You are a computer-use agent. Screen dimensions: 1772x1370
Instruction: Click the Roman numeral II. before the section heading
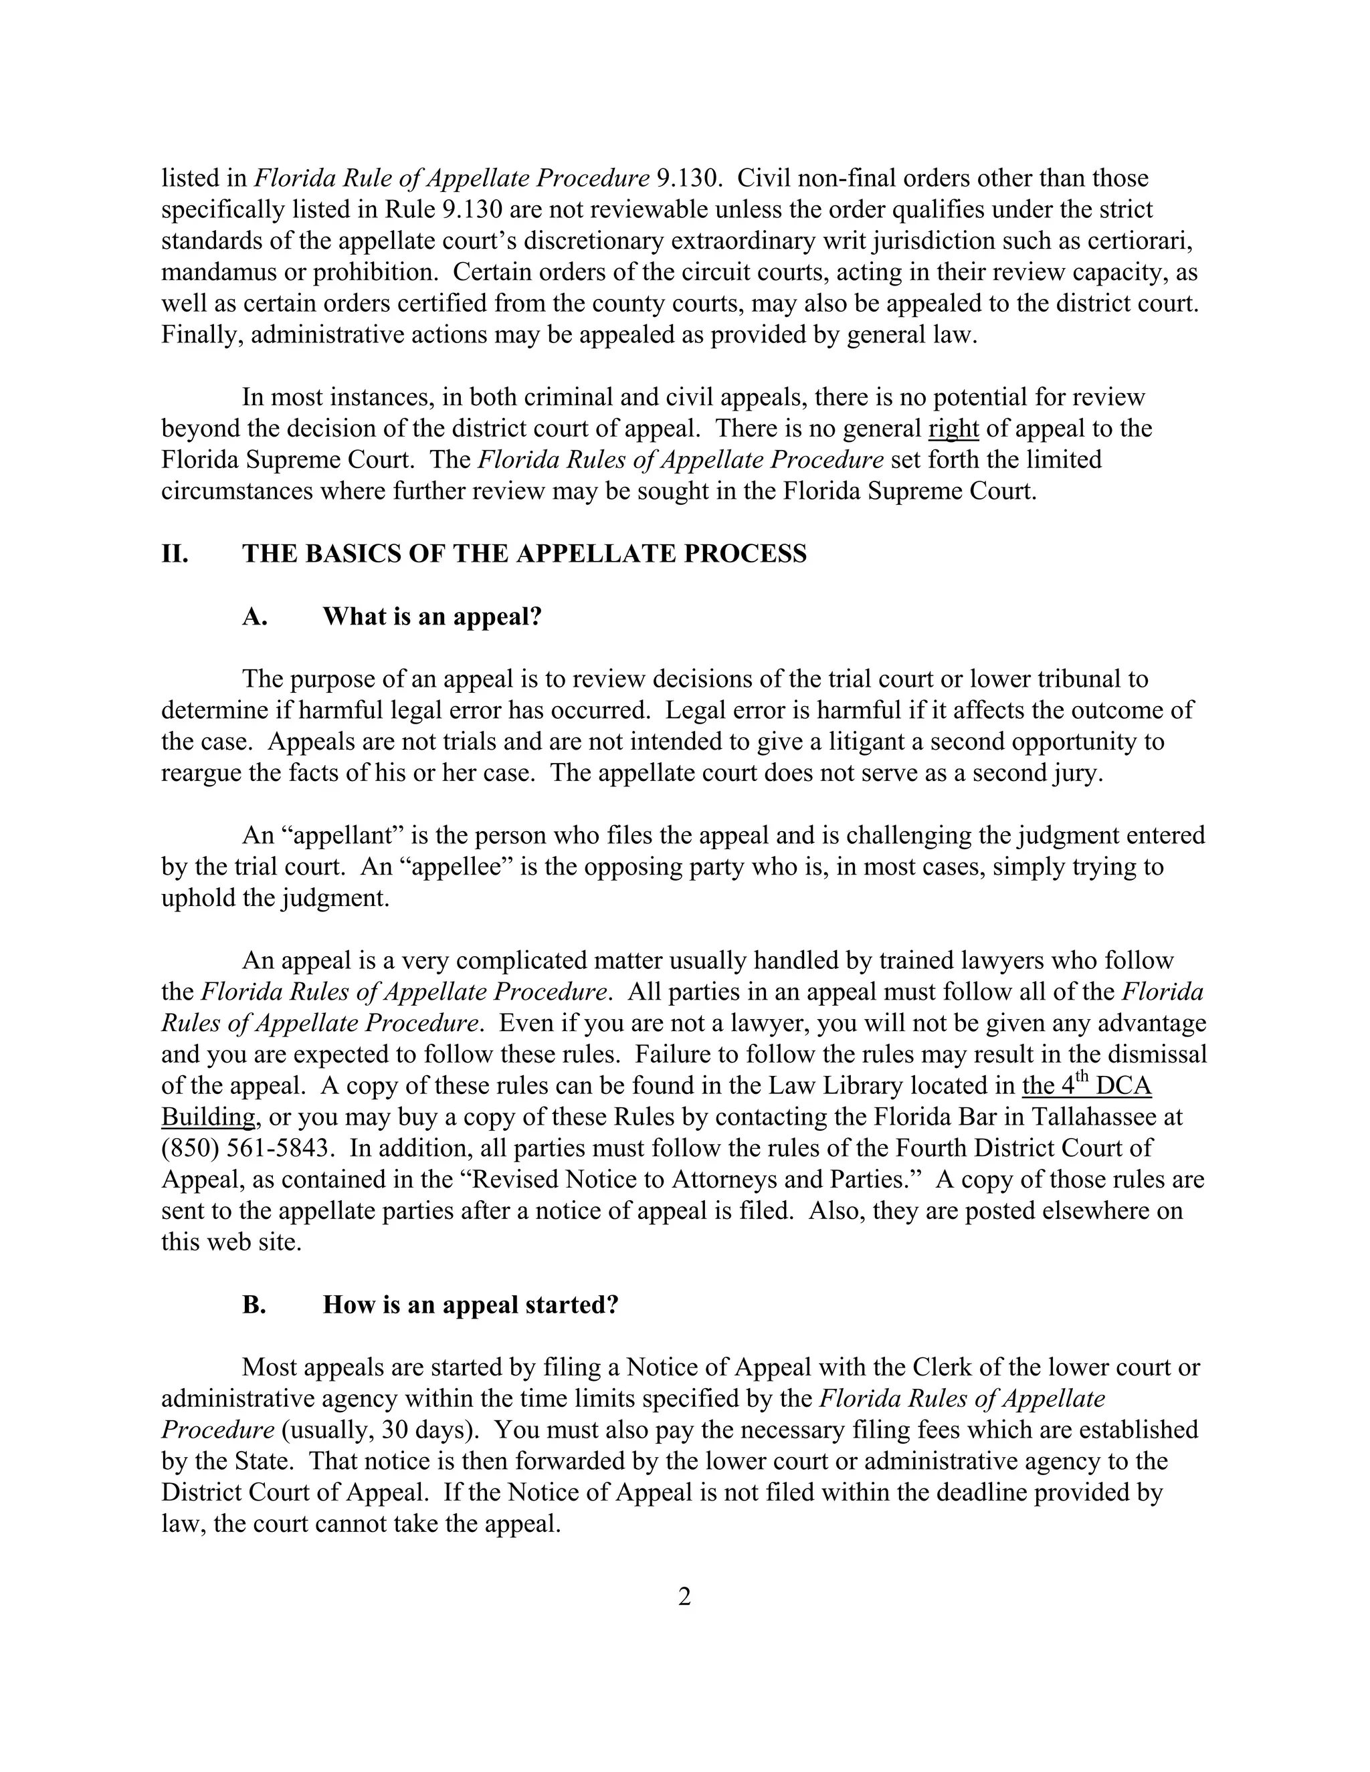click(175, 554)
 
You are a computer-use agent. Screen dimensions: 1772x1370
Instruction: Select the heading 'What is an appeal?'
click(431, 617)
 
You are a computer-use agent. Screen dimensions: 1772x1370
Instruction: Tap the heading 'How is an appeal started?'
click(471, 1305)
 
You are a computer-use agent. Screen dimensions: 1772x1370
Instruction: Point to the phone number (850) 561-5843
click(248, 1148)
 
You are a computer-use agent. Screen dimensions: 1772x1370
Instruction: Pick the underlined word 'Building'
click(209, 1117)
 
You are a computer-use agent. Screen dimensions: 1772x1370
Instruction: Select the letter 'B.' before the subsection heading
click(254, 1305)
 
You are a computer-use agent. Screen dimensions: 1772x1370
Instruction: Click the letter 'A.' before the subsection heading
click(254, 617)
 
